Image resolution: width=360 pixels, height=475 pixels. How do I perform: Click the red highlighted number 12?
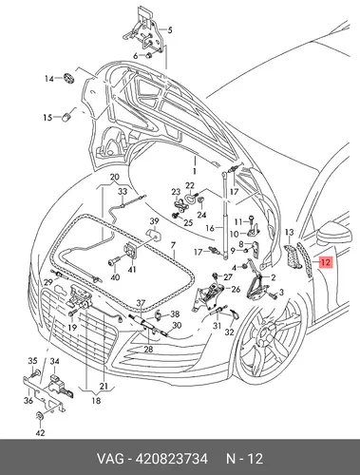coord(326,262)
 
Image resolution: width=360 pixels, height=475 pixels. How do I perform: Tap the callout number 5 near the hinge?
coord(170,30)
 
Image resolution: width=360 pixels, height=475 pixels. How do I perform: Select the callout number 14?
coord(49,78)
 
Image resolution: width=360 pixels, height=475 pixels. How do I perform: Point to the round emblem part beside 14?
coord(68,78)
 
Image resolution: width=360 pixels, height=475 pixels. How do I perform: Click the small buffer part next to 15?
coord(66,117)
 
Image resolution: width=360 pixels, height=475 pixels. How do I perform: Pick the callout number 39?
coord(154,221)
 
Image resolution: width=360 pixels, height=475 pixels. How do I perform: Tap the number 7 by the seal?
coord(173,245)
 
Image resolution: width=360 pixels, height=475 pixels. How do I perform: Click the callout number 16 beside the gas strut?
coord(210,228)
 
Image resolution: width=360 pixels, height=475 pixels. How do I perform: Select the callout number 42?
coord(41,432)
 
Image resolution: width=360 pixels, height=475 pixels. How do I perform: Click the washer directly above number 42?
coord(40,416)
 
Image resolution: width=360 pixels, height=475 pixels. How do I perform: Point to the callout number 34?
coord(55,361)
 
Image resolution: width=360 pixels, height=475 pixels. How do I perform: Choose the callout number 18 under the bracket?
coord(96,400)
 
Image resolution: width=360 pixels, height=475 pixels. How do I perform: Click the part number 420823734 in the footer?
coord(171,459)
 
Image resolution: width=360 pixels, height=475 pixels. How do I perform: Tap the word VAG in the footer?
coord(110,459)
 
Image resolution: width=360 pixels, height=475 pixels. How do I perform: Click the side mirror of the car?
coord(334,234)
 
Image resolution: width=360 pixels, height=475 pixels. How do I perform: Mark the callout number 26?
coord(236,289)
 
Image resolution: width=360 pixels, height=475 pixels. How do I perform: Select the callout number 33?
coord(123,191)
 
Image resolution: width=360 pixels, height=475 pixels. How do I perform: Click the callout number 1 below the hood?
coord(195,171)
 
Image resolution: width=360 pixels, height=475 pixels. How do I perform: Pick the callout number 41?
coord(132,270)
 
